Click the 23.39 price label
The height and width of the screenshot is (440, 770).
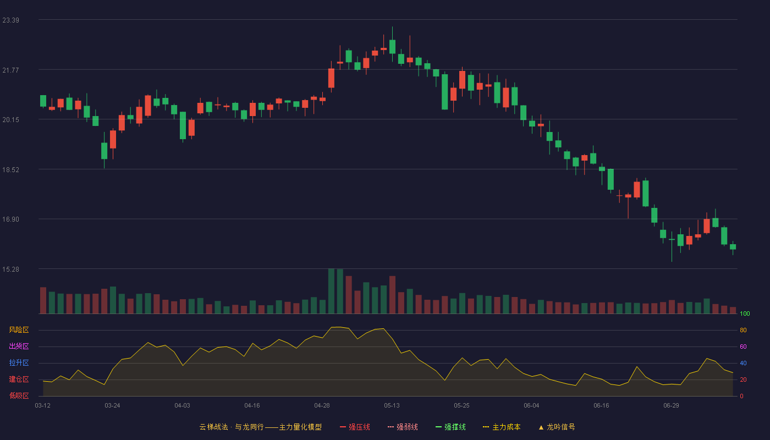[10, 20]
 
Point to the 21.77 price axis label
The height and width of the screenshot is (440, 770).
[10, 70]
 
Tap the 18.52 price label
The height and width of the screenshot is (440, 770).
[10, 170]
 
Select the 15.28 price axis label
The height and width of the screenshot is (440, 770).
[10, 269]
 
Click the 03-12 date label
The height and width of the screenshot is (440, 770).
[43, 406]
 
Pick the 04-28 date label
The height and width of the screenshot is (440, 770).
[322, 406]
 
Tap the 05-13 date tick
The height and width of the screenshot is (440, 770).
[392, 406]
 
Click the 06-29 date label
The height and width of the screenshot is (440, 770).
[672, 406]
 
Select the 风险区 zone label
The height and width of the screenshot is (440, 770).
[19, 330]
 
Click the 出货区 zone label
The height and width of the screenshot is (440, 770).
[19, 346]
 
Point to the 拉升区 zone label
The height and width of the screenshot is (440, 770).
[19, 362]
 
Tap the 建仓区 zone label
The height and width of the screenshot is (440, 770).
[19, 379]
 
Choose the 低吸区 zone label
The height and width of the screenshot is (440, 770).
[19, 395]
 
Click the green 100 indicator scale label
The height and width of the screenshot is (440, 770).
[745, 313]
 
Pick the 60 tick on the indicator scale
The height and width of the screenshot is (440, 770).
[743, 346]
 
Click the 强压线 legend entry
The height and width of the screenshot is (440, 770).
[355, 427]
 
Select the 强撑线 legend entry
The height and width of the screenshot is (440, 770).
[450, 427]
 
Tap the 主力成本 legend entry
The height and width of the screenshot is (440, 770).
[502, 427]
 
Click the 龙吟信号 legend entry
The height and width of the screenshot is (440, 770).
[557, 427]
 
